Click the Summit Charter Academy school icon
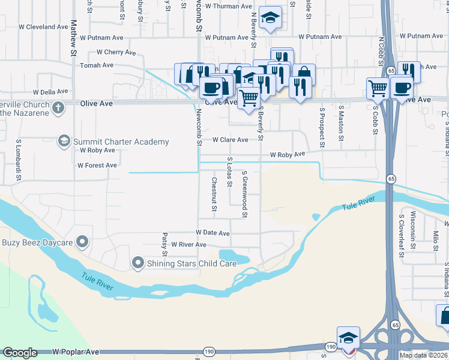click(x=63, y=142)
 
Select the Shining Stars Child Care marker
click(x=138, y=262)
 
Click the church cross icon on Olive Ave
click(x=58, y=108)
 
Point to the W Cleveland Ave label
click(x=43, y=27)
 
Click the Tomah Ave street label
click(x=97, y=65)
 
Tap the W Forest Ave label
click(x=97, y=165)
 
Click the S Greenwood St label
click(x=245, y=194)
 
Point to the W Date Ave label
click(x=212, y=233)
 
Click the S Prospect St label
click(x=322, y=128)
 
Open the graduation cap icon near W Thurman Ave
click(x=271, y=19)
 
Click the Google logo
click(x=20, y=353)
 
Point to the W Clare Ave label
click(x=231, y=140)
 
